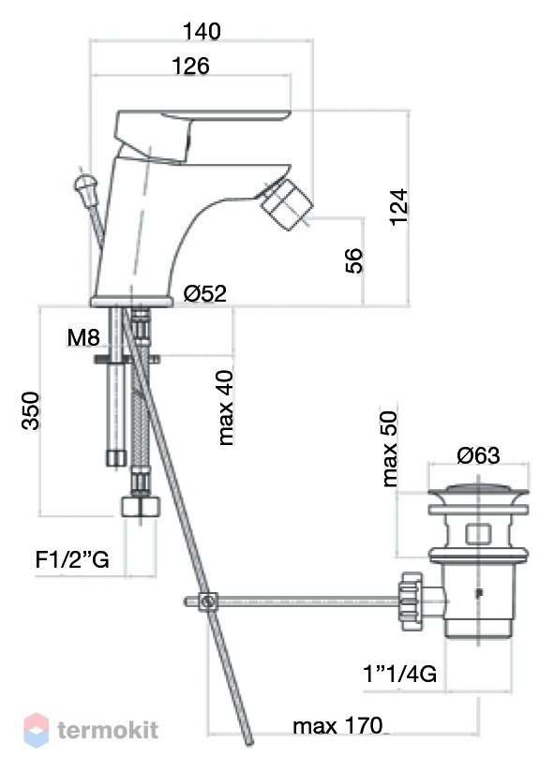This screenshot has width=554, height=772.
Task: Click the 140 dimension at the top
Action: coord(202,32)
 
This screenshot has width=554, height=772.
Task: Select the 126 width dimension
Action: coord(190,66)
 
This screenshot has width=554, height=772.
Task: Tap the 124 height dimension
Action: coord(399,207)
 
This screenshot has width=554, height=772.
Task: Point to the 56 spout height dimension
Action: coord(353,260)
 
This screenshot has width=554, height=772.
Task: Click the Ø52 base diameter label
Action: coord(205,293)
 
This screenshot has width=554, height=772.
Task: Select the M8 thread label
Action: coord(83,337)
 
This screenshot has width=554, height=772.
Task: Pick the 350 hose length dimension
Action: coord(31,411)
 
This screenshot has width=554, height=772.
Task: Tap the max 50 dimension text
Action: coord(389,449)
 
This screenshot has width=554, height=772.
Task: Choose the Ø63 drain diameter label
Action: coord(478,455)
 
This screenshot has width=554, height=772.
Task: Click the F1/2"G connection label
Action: coord(72,560)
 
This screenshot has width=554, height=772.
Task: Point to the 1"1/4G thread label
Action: coord(399,674)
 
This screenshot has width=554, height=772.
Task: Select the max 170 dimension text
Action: coord(337,726)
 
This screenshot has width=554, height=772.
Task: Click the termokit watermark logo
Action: coord(91,730)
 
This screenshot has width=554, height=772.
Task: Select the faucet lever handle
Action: coord(202,134)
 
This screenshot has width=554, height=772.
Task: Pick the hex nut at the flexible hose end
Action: coord(141,506)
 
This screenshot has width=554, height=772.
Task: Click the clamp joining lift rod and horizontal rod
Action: coord(208,601)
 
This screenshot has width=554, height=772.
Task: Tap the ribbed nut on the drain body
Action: coord(411,601)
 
